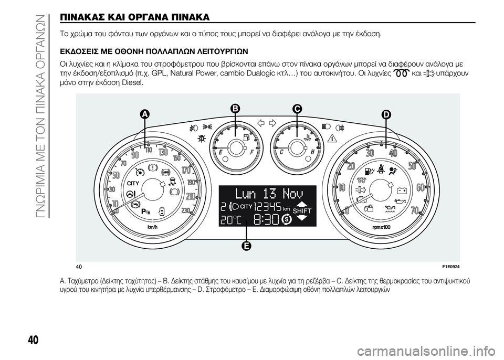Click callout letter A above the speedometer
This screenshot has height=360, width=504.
pos(145,114)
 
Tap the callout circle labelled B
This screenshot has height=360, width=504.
pos(236,109)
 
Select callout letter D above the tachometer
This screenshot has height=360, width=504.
pos(385,114)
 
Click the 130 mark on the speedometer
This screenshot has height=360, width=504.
pos(163,151)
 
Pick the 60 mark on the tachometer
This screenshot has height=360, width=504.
pos(421,187)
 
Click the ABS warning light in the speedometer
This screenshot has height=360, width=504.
pos(166,172)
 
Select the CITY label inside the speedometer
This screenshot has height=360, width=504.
pos(133,183)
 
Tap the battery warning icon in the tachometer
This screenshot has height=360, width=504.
pos(403,190)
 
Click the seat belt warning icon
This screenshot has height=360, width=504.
pos(382,168)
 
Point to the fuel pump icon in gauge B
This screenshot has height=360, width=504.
pos(247,137)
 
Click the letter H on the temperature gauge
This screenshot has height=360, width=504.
pos(312,153)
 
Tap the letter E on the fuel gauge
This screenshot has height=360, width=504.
pos(221,153)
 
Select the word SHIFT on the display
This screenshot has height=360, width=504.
pos(302,210)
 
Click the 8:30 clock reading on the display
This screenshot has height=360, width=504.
pos(266,220)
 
